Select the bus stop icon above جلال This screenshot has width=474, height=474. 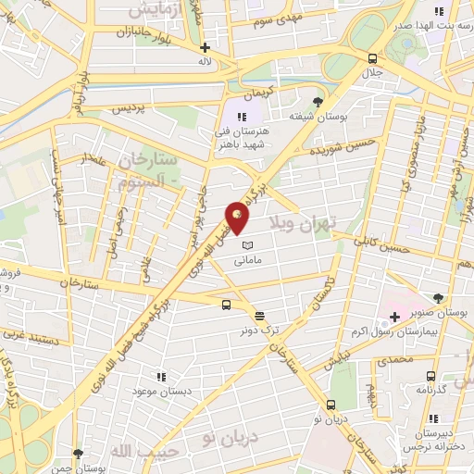[372, 56]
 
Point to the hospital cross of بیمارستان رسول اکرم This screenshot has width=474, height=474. [394, 318]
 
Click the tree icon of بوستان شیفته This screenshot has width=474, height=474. [319, 100]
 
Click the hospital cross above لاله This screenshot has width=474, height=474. [205, 46]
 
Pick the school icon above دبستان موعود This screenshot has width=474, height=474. [161, 377]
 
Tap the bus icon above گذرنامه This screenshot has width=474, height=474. [430, 376]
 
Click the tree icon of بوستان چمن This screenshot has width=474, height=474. [77, 453]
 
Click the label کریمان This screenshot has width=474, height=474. [260, 95]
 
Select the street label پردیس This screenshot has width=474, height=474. [131, 108]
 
